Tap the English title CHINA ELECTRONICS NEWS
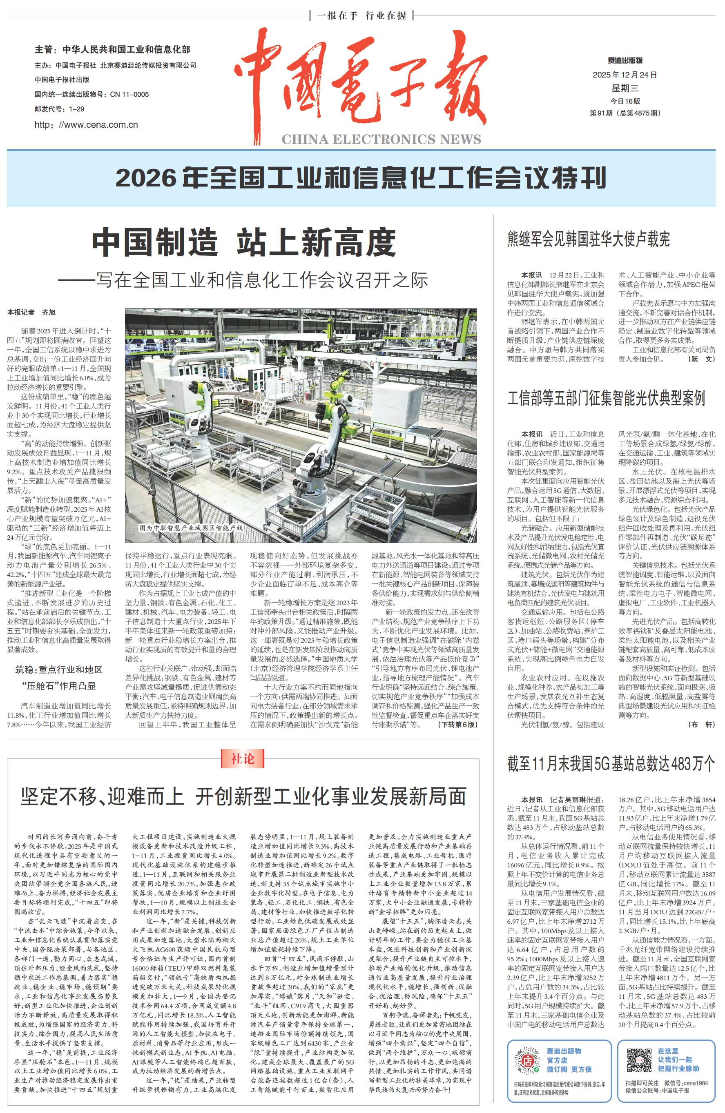[x=381, y=139]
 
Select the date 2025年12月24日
[x=625, y=75]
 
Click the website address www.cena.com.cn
[x=86, y=125]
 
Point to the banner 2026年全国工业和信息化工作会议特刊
[x=361, y=178]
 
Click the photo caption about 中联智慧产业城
[x=192, y=528]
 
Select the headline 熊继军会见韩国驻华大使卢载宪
[x=588, y=240]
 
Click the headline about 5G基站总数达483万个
[x=611, y=764]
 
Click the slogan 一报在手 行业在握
[x=361, y=16]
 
